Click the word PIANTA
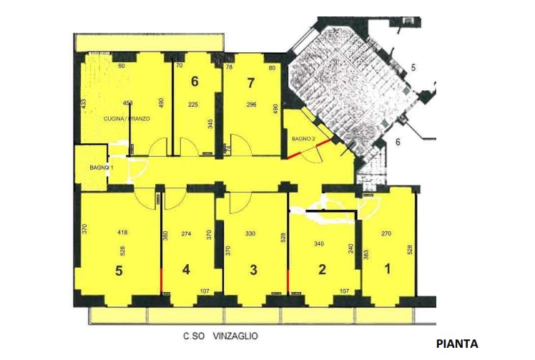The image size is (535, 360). (x=457, y=343)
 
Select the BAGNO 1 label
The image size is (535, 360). (x=100, y=167)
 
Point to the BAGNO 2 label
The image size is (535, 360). (x=303, y=138)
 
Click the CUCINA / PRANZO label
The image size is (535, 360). (x=127, y=118)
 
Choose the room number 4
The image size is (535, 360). (x=187, y=271)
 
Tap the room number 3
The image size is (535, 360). (x=253, y=271)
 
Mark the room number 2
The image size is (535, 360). (x=322, y=271)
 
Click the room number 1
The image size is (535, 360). (x=388, y=271)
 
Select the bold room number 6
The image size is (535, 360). (x=194, y=82)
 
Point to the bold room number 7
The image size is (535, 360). (x=250, y=82)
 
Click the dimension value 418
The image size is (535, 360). (x=122, y=233)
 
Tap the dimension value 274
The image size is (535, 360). (x=187, y=233)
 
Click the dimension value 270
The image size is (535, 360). (x=387, y=233)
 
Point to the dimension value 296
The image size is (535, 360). (x=250, y=104)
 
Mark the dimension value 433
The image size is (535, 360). (x=84, y=104)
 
